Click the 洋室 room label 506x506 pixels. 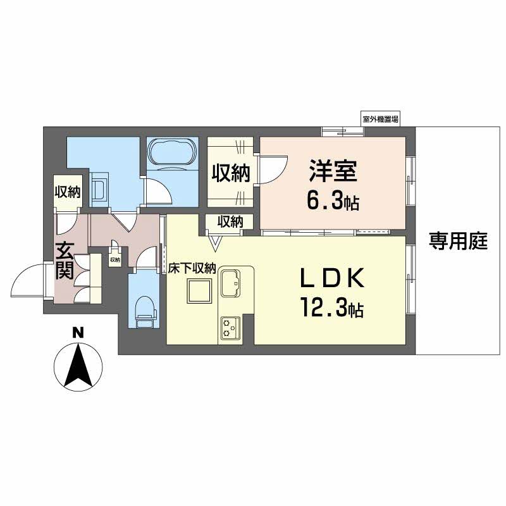coord(333,171)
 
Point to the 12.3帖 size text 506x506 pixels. coord(331,309)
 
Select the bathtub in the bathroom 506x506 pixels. coord(172,154)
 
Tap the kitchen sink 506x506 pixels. coord(230,283)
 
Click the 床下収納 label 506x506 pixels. coord(192,268)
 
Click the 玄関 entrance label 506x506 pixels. coord(65,261)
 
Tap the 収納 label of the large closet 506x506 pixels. coord(230,171)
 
